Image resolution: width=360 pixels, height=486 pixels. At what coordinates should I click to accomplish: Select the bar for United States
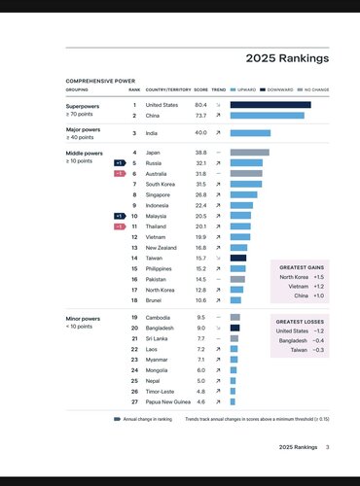(x=270, y=104)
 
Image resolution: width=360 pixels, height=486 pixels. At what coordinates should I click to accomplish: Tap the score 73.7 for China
(x=200, y=116)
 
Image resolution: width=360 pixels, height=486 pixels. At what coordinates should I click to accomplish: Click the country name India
(x=154, y=132)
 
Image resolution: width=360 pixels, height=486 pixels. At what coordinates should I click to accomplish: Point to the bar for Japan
(x=249, y=153)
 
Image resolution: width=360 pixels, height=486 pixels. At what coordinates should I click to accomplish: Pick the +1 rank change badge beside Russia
(x=119, y=163)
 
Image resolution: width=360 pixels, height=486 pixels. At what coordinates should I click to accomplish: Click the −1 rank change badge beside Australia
(x=119, y=174)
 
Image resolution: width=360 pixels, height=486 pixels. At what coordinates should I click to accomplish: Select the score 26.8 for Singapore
(x=200, y=194)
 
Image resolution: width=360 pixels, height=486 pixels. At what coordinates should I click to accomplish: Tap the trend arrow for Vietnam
(x=218, y=237)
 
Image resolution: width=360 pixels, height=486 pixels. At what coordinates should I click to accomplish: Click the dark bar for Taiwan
(x=238, y=259)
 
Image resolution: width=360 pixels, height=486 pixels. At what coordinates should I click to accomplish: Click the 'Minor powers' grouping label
(x=83, y=318)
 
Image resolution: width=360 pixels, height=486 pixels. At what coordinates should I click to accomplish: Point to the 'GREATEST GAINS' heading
(x=301, y=266)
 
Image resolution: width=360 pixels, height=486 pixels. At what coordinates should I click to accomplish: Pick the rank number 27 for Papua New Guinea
(x=133, y=401)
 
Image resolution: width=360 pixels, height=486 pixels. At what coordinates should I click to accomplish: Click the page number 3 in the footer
(x=328, y=447)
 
